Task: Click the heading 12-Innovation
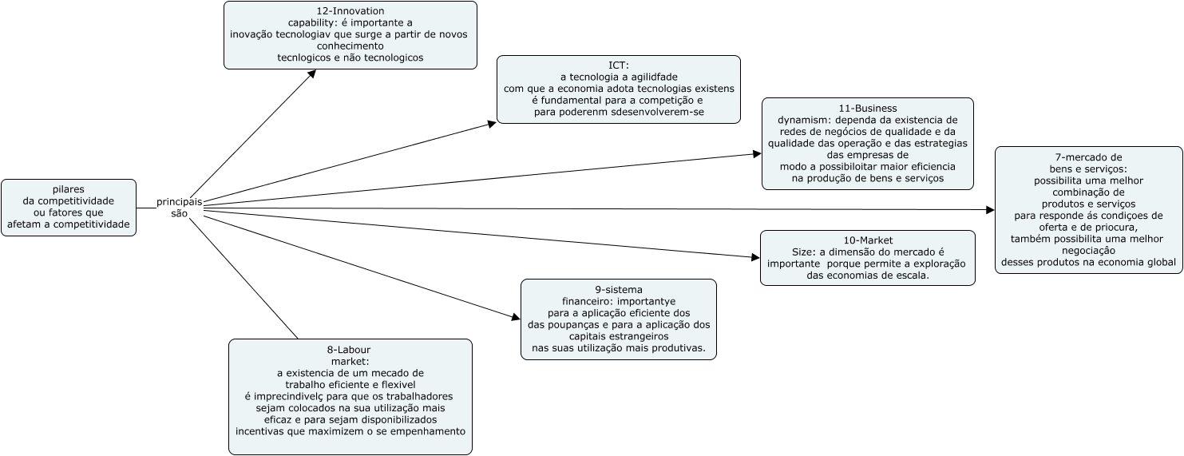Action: coord(350,11)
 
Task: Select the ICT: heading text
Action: coord(619,65)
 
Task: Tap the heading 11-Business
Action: coord(867,109)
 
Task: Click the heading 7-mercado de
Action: coord(1088,157)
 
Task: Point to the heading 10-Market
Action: coord(867,240)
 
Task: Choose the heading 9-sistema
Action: coord(619,290)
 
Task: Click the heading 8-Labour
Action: coord(350,350)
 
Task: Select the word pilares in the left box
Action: coord(69,189)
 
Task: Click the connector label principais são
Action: coord(179,208)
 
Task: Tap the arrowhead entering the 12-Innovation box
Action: coord(312,73)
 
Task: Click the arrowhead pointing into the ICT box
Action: coord(492,125)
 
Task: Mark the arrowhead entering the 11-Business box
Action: coord(757,154)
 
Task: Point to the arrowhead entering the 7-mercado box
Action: coord(991,210)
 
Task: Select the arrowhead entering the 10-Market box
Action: coord(756,258)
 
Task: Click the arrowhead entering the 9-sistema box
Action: coord(517,317)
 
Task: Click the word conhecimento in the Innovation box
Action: coord(350,46)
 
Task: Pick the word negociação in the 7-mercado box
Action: coord(1088,250)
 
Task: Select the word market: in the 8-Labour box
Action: coord(350,361)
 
